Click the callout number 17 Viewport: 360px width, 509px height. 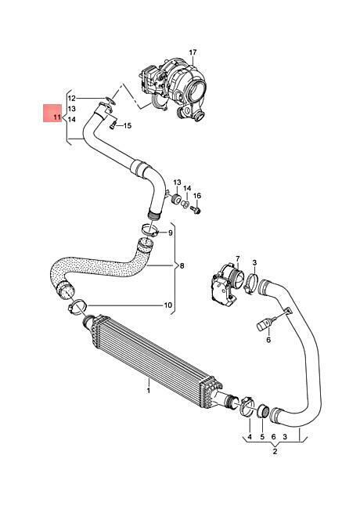pyautogui.click(x=193, y=52)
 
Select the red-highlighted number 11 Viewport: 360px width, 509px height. pyautogui.click(x=57, y=117)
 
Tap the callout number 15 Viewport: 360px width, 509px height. pyautogui.click(x=128, y=125)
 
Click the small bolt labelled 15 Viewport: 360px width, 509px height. pyautogui.click(x=113, y=125)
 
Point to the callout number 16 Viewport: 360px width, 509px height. pyautogui.click(x=197, y=196)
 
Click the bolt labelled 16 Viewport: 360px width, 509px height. pyautogui.click(x=196, y=209)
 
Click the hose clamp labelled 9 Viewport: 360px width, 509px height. pyautogui.click(x=149, y=231)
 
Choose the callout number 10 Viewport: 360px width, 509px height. pyautogui.click(x=167, y=305)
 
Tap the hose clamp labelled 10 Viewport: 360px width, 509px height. pyautogui.click(x=77, y=307)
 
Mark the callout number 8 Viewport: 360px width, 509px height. pyautogui.click(x=182, y=265)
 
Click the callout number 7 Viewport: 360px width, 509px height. pyautogui.click(x=237, y=258)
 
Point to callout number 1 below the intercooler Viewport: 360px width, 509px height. pyautogui.click(x=149, y=390)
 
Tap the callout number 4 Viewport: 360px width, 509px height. pyautogui.click(x=250, y=437)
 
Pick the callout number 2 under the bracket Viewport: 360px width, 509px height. pyautogui.click(x=275, y=451)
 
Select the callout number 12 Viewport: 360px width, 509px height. pyautogui.click(x=72, y=98)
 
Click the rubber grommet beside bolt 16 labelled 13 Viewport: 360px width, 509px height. pyautogui.click(x=176, y=198)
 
